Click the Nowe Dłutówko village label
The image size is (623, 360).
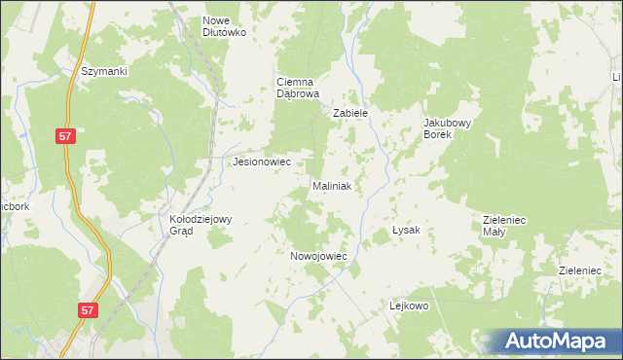(x=225, y=26)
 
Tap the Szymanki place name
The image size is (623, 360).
(x=105, y=71)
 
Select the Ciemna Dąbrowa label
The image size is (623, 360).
(x=298, y=89)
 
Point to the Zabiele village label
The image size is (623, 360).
(x=350, y=114)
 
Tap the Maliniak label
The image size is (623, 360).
(x=337, y=185)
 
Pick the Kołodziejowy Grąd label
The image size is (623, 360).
(x=195, y=226)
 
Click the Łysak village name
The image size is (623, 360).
(x=405, y=231)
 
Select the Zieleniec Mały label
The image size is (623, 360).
(x=504, y=227)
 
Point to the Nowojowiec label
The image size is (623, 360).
(x=319, y=256)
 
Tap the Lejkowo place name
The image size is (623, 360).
(x=410, y=306)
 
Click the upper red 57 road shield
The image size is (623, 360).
(x=65, y=139)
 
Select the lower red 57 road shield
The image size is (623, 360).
(x=89, y=309)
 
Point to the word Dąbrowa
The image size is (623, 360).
(x=298, y=94)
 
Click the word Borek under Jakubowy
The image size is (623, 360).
(x=448, y=135)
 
